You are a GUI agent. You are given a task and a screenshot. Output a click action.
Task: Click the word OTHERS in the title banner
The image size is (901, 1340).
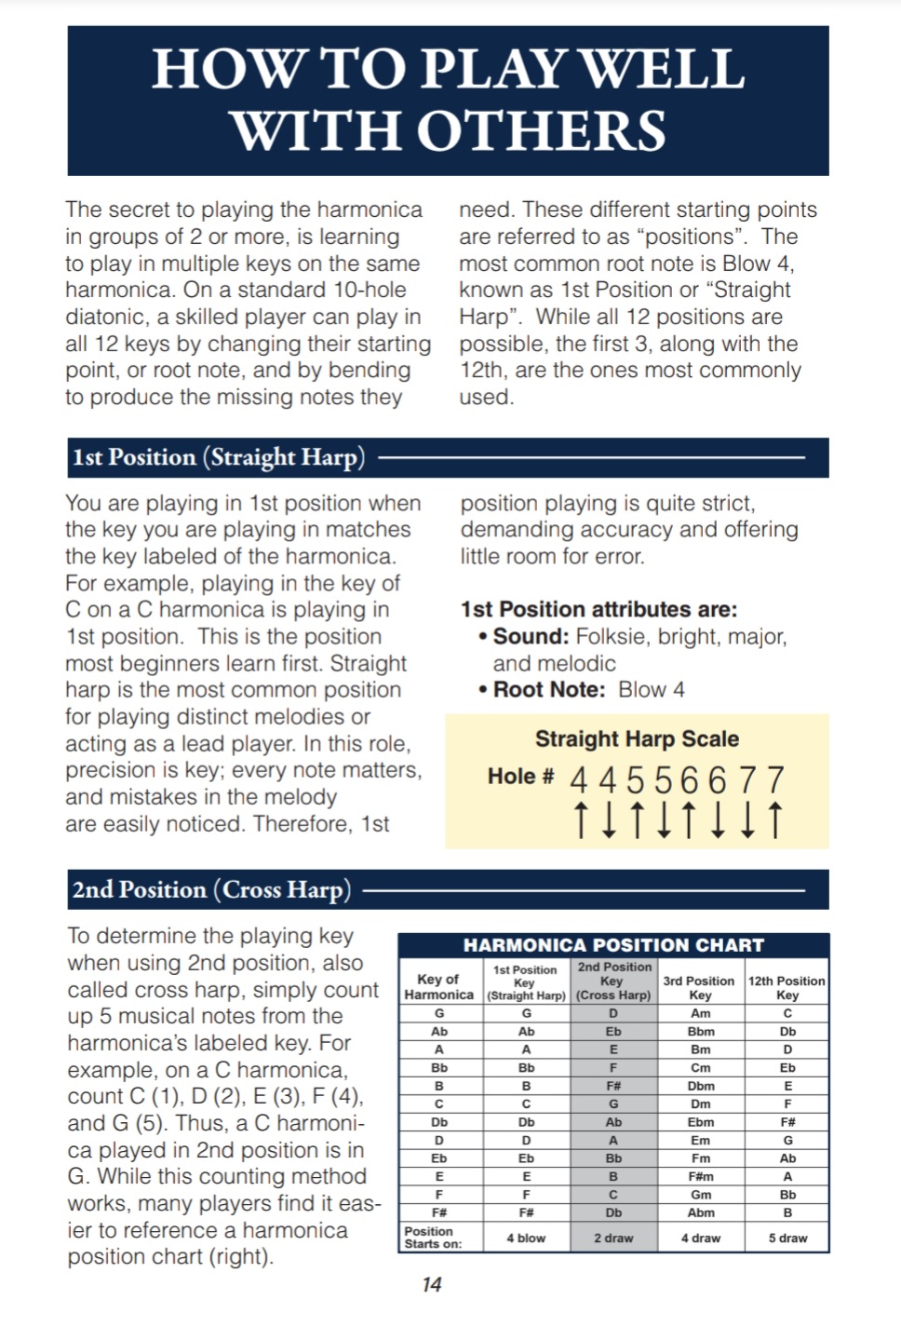[x=541, y=130]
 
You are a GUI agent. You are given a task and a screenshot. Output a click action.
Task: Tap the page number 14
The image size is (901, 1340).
[x=432, y=1285]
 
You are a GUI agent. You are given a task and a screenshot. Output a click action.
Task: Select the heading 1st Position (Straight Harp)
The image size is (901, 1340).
[x=219, y=457]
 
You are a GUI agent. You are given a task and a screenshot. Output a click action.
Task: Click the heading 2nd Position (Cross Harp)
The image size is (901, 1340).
[x=211, y=889]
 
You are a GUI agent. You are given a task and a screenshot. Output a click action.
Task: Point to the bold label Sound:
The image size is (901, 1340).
[x=531, y=637]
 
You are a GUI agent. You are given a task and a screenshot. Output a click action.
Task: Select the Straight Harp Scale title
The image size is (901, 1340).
[x=637, y=739]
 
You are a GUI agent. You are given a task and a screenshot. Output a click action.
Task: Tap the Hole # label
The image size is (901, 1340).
[x=520, y=777]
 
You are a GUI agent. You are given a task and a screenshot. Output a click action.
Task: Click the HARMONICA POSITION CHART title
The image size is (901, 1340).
[x=613, y=945]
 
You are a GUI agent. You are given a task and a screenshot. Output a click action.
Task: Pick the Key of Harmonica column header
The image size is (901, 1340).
[x=439, y=987]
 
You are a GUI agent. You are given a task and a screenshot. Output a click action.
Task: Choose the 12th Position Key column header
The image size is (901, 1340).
[x=787, y=987]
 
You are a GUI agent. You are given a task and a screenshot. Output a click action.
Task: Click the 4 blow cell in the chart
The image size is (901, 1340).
[x=526, y=1238]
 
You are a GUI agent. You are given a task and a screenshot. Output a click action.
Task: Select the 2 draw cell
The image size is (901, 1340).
[x=613, y=1238]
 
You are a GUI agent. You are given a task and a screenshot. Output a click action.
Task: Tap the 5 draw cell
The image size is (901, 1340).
[x=787, y=1238]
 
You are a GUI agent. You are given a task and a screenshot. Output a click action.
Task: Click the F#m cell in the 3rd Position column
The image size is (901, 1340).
[x=701, y=1176]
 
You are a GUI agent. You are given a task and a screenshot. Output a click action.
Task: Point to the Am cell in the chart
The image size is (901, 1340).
[x=701, y=1013]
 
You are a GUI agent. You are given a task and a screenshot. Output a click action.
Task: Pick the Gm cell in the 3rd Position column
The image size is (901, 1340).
[x=701, y=1195]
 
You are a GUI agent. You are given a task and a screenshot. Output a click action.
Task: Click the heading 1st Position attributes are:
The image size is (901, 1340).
[x=598, y=610]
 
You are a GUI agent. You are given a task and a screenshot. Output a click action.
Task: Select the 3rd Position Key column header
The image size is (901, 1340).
[x=699, y=987]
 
